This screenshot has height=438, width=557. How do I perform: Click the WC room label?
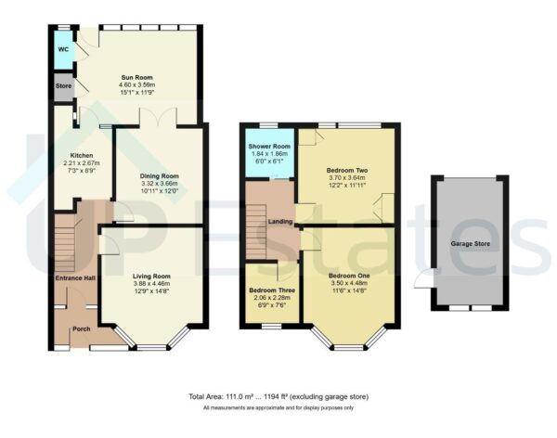click(63, 49)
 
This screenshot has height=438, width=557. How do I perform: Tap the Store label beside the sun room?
click(63, 88)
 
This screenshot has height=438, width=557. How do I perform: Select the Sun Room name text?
click(137, 77)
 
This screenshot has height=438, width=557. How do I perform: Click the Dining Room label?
click(158, 174)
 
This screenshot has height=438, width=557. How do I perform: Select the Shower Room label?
click(269, 147)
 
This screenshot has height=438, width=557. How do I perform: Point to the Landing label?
click(281, 220)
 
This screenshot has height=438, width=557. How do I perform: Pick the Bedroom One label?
click(349, 276)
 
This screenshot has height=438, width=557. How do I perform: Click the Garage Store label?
click(470, 243)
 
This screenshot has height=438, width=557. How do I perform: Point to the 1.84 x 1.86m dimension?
click(269, 154)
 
